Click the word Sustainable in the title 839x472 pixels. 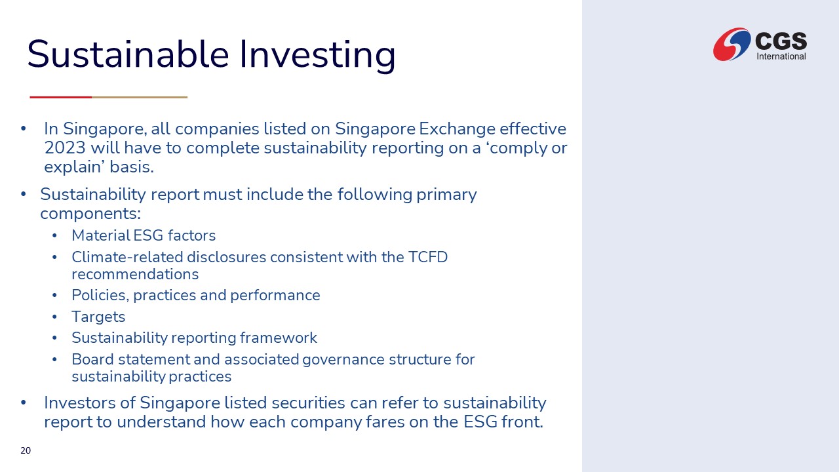(x=128, y=54)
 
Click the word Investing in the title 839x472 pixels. (x=317, y=56)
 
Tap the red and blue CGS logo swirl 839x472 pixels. (x=732, y=44)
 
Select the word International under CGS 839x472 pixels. (x=781, y=56)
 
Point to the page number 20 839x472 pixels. (x=26, y=450)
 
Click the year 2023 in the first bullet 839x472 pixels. (x=65, y=147)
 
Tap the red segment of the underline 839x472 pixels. (x=61, y=98)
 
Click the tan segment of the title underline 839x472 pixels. (x=140, y=98)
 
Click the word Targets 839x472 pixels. (x=98, y=317)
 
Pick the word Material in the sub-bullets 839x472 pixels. (x=101, y=235)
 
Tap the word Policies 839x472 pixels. (x=100, y=296)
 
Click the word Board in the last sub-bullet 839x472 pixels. (x=93, y=359)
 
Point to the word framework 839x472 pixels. (x=279, y=338)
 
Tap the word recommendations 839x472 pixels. (x=135, y=274)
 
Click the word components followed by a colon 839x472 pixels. (x=90, y=214)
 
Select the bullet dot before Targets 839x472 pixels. (x=54, y=317)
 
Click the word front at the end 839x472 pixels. (x=522, y=422)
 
